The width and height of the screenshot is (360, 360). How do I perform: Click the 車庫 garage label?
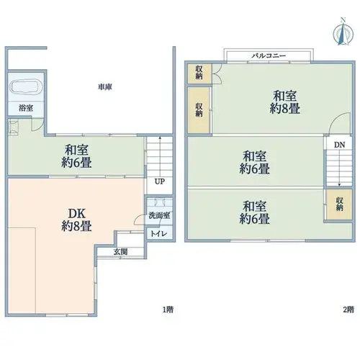coord(105,87)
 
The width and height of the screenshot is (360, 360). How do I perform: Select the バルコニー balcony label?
coord(269,56)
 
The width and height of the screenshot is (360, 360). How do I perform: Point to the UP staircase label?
coord(160,181)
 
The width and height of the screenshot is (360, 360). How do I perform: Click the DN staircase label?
coord(339,145)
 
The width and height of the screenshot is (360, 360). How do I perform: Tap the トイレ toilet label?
coord(159,233)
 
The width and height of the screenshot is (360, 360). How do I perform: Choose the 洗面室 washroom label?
coord(159,215)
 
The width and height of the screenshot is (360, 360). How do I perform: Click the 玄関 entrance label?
coord(120,252)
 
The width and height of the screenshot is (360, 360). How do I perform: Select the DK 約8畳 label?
coord(76,220)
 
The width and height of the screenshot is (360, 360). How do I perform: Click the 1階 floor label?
coord(168,310)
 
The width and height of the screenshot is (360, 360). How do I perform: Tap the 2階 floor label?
coord(348,310)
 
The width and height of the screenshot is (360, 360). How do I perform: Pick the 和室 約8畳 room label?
coord(285,102)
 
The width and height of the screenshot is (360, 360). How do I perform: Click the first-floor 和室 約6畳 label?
coord(76,156)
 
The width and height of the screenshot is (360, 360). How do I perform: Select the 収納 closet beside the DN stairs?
coord(339,204)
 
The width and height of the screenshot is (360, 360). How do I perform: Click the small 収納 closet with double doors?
coord(199,73)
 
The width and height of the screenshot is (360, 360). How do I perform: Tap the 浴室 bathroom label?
coord(26,108)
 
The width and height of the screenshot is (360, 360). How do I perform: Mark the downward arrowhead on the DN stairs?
coord(339,185)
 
